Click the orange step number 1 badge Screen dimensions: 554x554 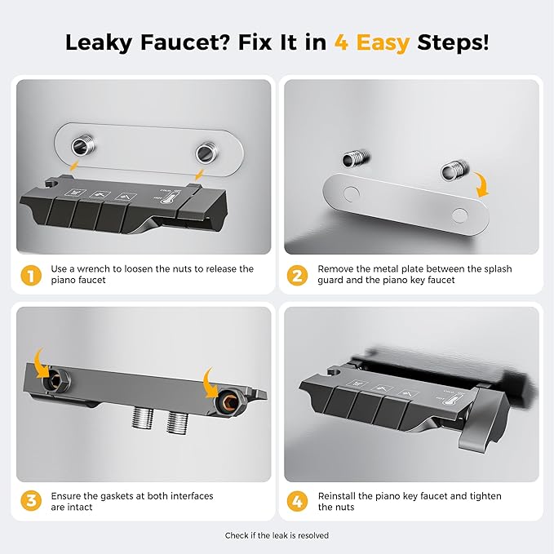click(x=31, y=276)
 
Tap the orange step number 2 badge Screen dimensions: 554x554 click(x=297, y=276)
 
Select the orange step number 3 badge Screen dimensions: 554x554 click(x=31, y=501)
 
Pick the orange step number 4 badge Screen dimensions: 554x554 click(x=297, y=501)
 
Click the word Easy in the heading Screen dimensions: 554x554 click(x=383, y=43)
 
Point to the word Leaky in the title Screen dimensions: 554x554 click(x=99, y=43)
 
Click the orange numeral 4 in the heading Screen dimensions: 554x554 click(x=341, y=42)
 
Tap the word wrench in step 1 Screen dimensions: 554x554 click(x=93, y=269)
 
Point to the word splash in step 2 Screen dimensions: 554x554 click(x=498, y=269)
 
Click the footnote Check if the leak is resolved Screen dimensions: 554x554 click(x=277, y=535)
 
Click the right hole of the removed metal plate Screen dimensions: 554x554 click(x=459, y=215)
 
